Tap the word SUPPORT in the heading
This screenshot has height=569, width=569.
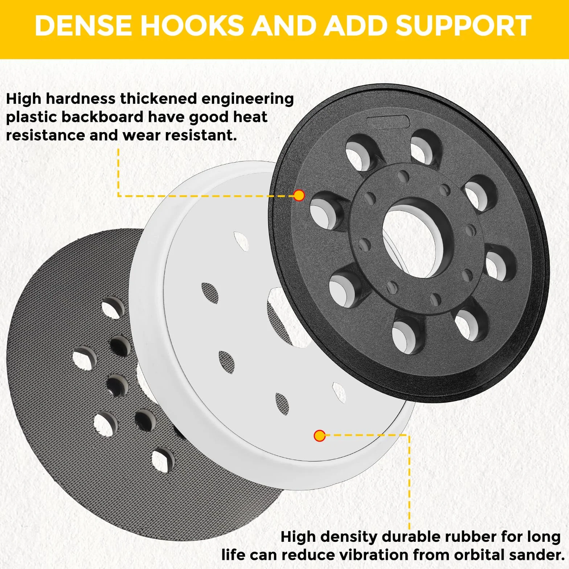[x=463, y=26]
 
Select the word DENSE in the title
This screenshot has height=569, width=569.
[x=83, y=26]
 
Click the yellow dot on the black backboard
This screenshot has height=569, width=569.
[x=299, y=196]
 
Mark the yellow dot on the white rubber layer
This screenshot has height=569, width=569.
[x=320, y=435]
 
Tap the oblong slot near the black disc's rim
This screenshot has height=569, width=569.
[x=388, y=122]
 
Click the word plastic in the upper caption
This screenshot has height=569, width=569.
[x=32, y=118]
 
